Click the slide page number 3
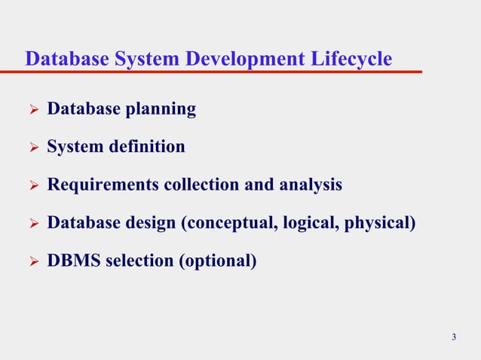(454, 337)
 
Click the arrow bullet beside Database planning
(32, 110)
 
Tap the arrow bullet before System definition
(32, 148)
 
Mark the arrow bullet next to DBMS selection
(32, 262)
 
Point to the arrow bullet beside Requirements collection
(32, 185)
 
